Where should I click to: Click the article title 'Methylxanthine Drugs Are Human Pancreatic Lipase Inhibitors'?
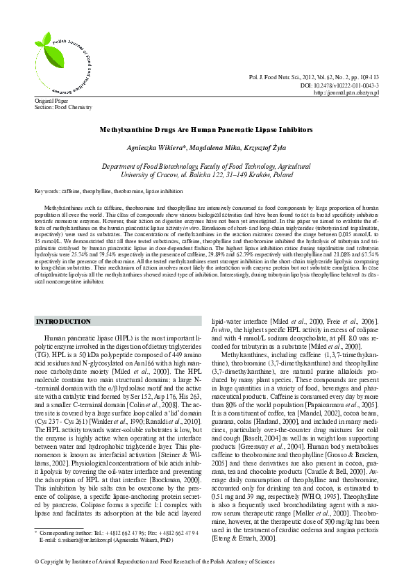[206, 129]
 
